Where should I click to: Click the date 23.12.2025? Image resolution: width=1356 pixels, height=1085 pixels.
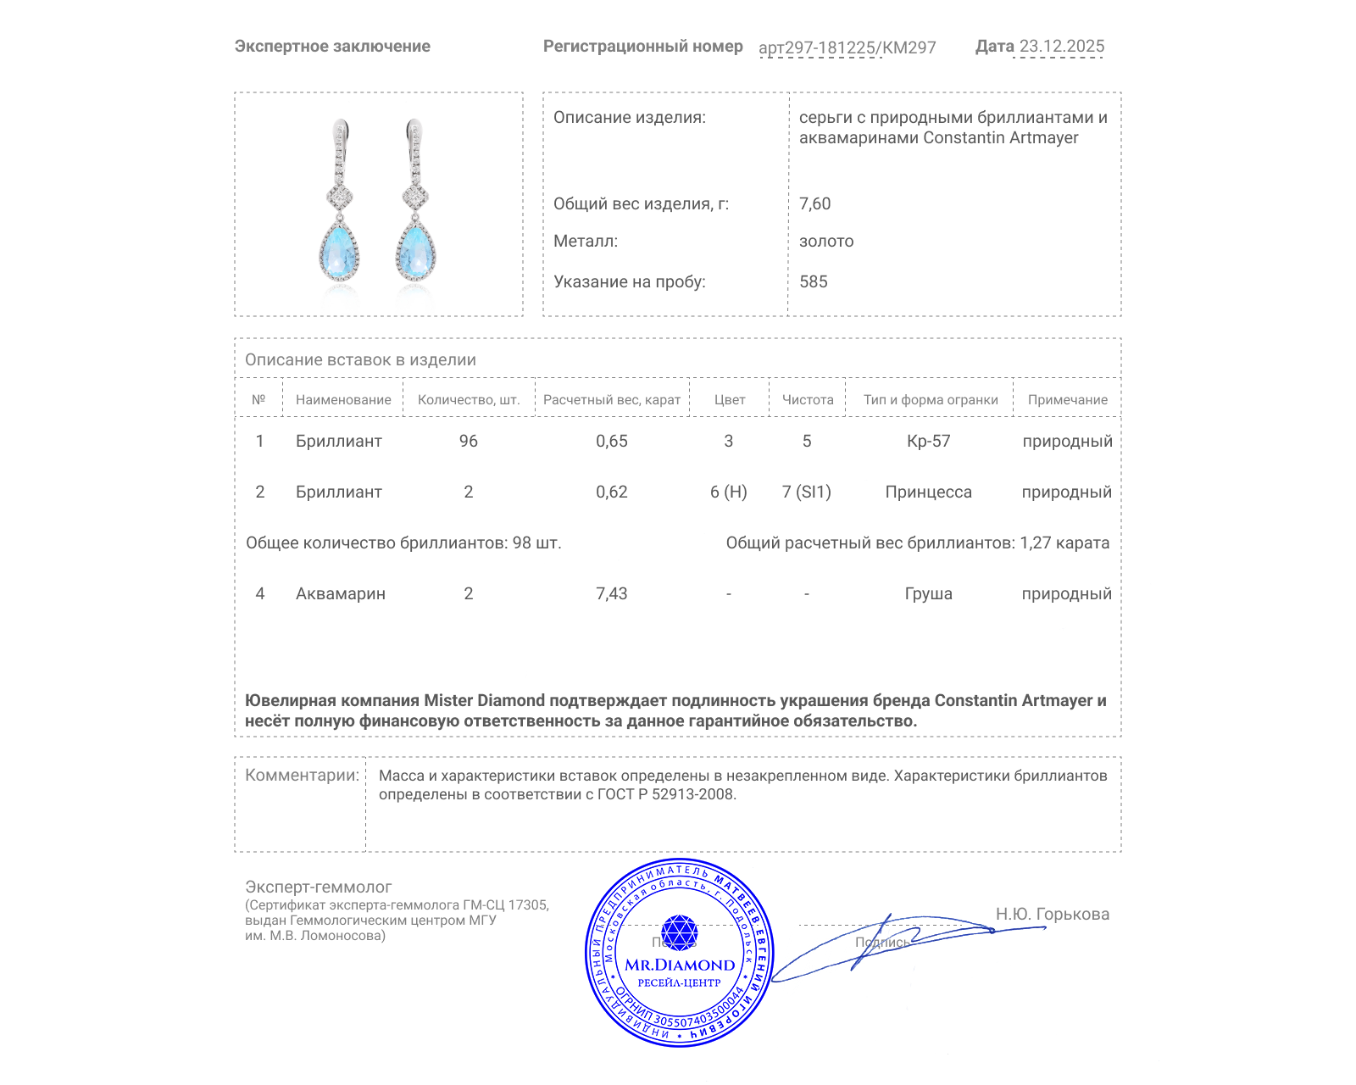click(1061, 47)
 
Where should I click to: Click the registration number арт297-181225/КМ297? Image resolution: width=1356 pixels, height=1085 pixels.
click(847, 47)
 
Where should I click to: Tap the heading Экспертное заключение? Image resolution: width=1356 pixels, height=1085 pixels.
click(332, 47)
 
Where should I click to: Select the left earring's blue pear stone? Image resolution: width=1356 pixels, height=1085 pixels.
click(340, 250)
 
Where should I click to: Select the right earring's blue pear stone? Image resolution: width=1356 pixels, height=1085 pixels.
click(415, 250)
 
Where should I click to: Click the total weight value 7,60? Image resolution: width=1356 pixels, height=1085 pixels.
click(814, 203)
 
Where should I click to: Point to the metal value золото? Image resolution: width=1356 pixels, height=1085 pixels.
click(826, 241)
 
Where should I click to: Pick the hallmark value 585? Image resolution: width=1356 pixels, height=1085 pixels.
click(813, 281)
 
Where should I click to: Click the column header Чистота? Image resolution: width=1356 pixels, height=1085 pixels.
click(807, 399)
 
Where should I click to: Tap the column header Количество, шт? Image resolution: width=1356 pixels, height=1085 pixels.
click(468, 399)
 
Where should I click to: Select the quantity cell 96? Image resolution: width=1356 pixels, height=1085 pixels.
click(468, 441)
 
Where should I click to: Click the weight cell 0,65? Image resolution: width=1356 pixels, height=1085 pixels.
click(611, 441)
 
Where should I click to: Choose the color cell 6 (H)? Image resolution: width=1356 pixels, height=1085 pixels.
click(728, 492)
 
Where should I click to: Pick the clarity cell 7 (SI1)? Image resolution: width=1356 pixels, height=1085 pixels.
click(806, 492)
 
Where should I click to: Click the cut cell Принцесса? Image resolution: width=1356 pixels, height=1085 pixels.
click(928, 492)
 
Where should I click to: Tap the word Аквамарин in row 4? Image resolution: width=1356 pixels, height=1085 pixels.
click(340, 593)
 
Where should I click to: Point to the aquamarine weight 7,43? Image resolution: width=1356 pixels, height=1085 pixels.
click(611, 593)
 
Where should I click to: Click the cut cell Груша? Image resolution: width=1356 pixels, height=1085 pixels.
click(928, 593)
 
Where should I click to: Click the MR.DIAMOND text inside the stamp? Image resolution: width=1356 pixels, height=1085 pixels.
click(680, 965)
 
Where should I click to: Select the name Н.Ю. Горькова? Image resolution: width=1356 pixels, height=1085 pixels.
click(1052, 914)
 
